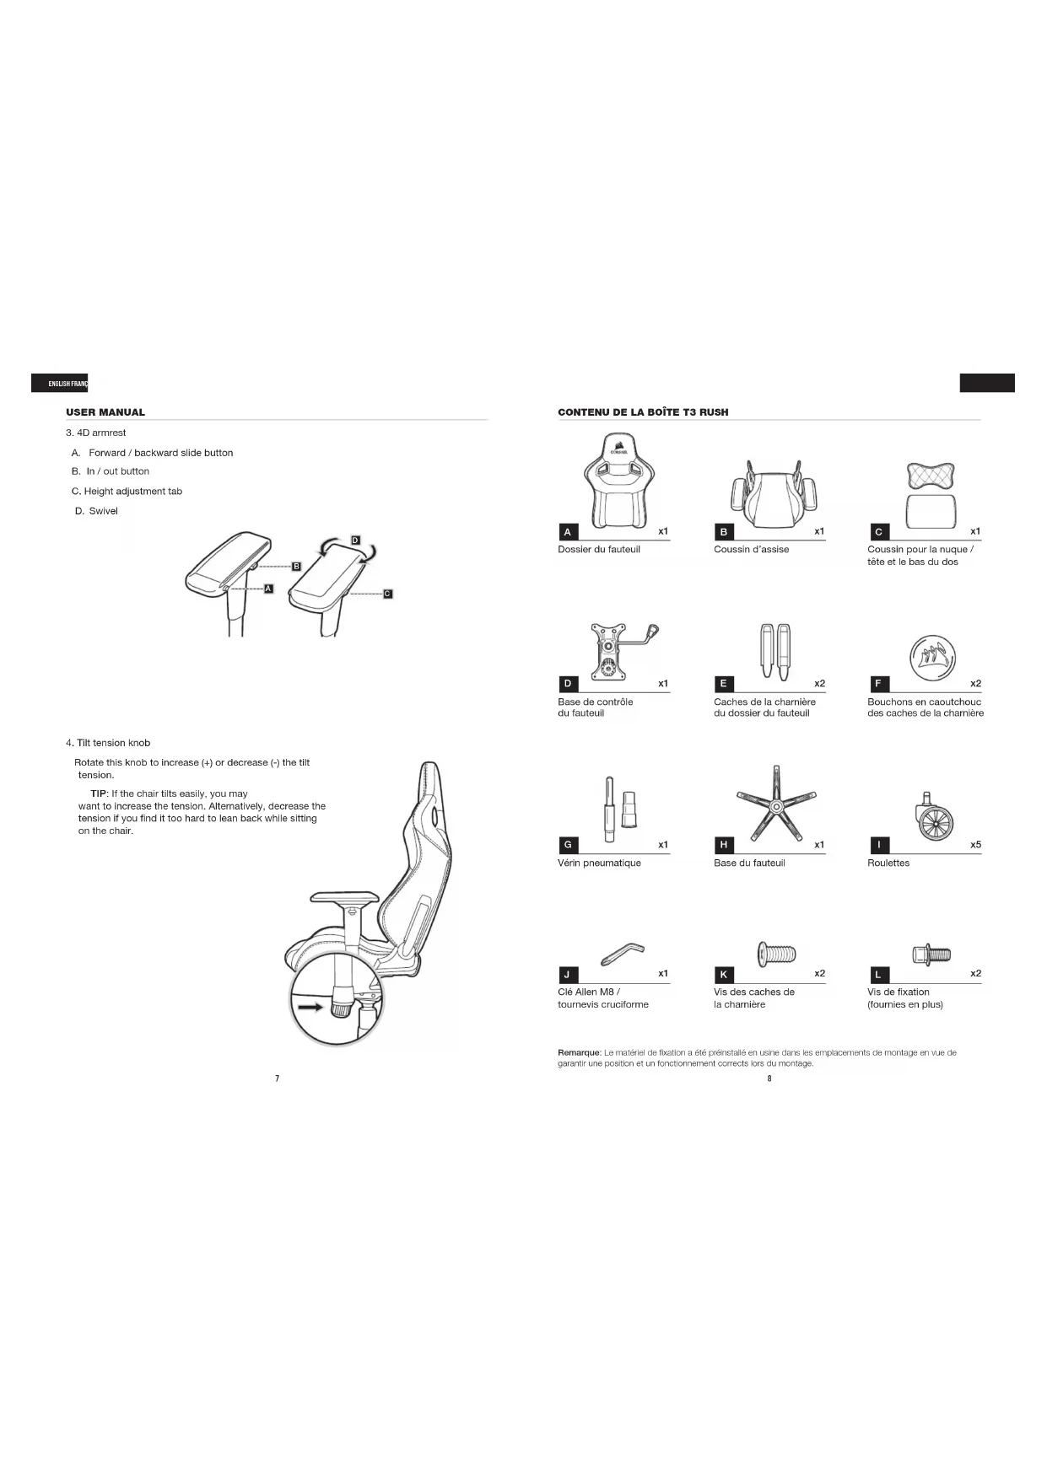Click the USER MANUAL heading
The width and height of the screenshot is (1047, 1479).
coord(105,412)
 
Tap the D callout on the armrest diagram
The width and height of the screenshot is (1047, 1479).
coord(355,540)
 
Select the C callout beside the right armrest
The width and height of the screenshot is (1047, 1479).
coord(387,594)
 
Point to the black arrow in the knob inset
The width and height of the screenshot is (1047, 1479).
coord(310,1006)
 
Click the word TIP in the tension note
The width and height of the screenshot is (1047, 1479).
coord(99,793)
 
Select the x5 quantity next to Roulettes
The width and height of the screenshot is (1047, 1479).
coord(975,845)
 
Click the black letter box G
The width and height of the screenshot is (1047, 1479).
coord(568,845)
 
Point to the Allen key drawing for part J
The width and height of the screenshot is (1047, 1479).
coord(622,954)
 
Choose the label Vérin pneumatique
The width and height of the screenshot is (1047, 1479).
coord(599,863)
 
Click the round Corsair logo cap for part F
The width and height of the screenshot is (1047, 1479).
coord(932,654)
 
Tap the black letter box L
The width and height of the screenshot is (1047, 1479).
coord(878,975)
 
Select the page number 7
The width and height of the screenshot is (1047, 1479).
coord(278,1078)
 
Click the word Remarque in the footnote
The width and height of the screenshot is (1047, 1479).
coord(579,1052)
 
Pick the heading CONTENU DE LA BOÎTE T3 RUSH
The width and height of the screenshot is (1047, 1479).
coord(643,412)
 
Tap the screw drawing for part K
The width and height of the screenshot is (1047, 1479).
coord(777,954)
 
